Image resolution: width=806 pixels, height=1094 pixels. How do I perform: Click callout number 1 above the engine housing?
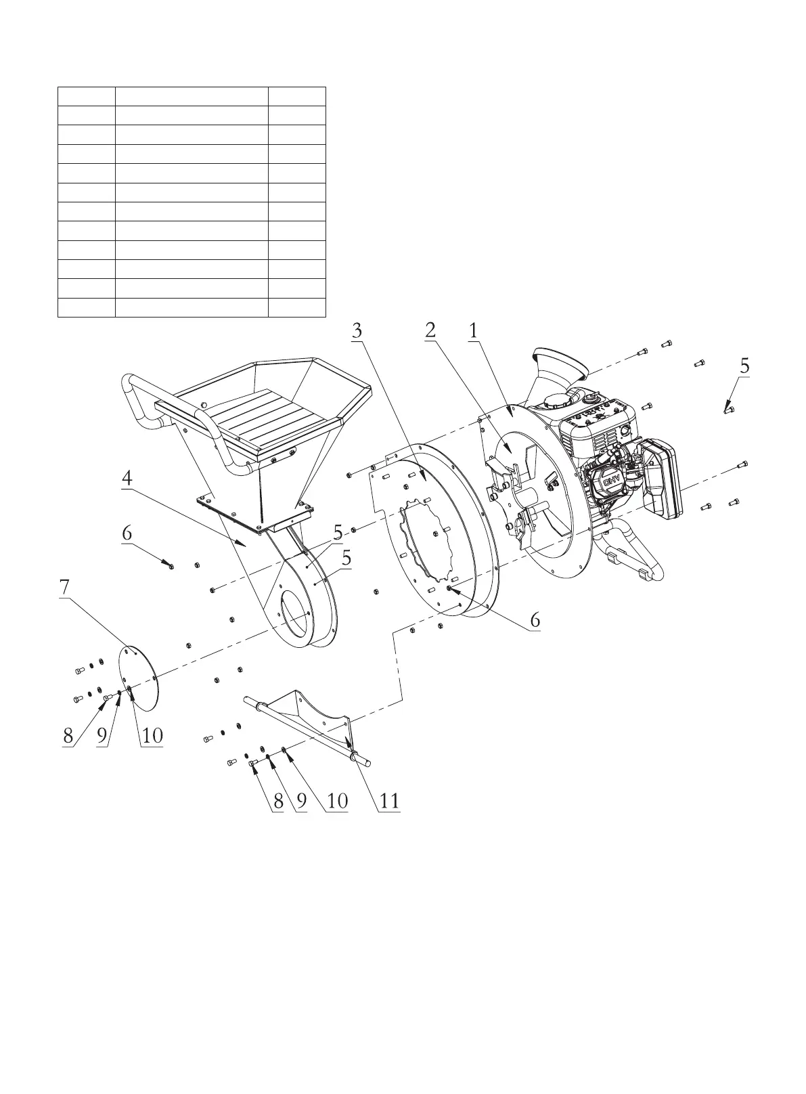pos(473,330)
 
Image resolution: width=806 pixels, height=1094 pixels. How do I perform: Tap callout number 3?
pos(357,330)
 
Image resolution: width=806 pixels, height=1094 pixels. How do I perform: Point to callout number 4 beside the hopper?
pos(127,478)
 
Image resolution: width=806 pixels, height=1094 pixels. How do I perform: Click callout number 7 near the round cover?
pos(64,588)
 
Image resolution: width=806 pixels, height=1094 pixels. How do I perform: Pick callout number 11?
pos(389,801)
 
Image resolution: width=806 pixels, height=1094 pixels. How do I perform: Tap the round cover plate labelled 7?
pos(139,677)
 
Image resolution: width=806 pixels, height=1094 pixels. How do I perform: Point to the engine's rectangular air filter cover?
pos(662,481)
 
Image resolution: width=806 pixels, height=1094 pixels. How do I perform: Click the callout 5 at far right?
pos(744,366)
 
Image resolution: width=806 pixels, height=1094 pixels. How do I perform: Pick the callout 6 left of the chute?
pos(127,533)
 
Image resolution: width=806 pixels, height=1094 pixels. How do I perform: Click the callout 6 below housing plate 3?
pos(535,619)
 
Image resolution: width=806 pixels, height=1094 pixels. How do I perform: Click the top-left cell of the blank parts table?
pos(86,95)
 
